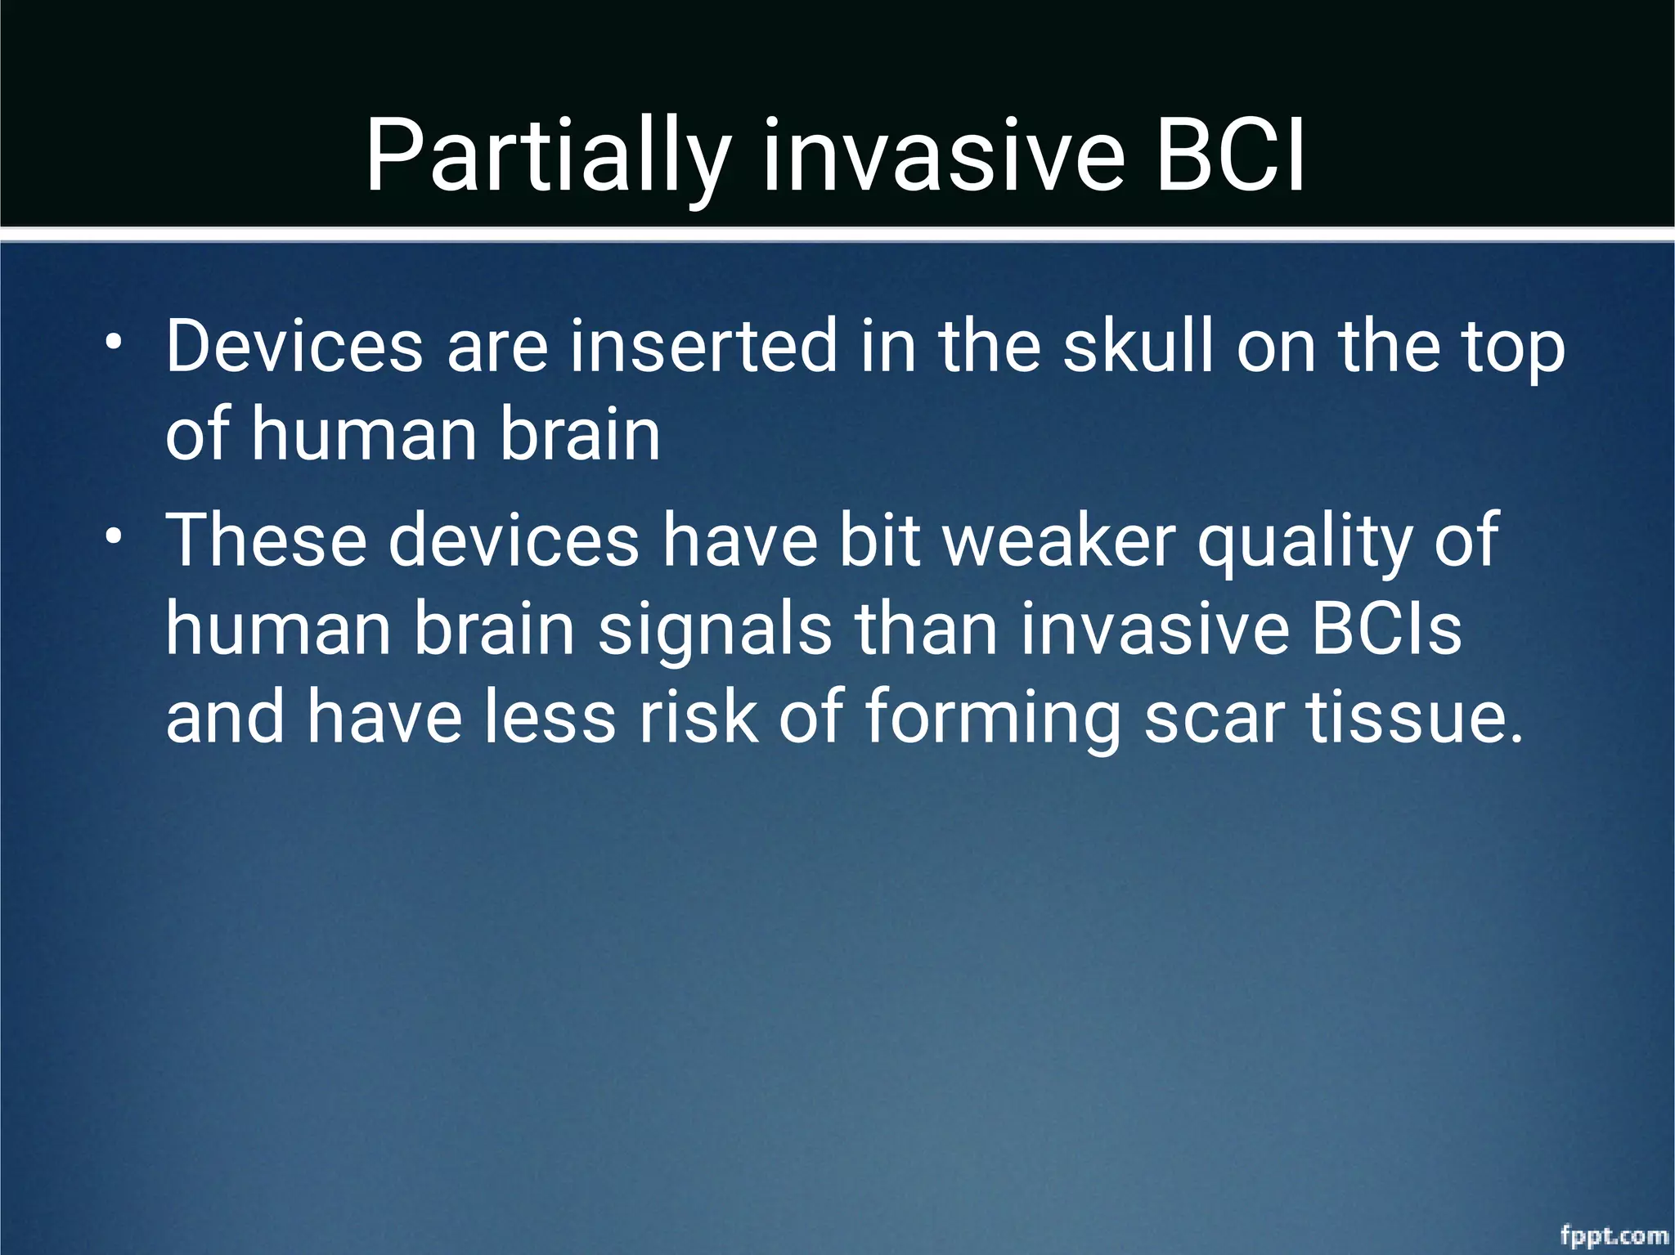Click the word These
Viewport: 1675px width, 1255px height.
click(266, 540)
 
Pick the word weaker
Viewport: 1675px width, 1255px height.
click(1059, 540)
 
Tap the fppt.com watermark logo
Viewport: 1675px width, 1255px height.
click(1614, 1235)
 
